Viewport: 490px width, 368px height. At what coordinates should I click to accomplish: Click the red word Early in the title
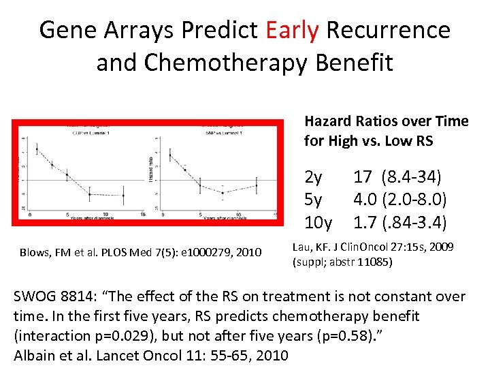[x=292, y=30]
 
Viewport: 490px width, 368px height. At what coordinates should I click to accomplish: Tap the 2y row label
[x=314, y=178]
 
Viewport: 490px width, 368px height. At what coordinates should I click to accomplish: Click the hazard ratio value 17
[x=362, y=178]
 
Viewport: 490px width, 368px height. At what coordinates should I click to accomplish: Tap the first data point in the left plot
[x=37, y=149]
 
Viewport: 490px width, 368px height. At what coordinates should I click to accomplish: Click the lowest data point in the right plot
[x=223, y=193]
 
